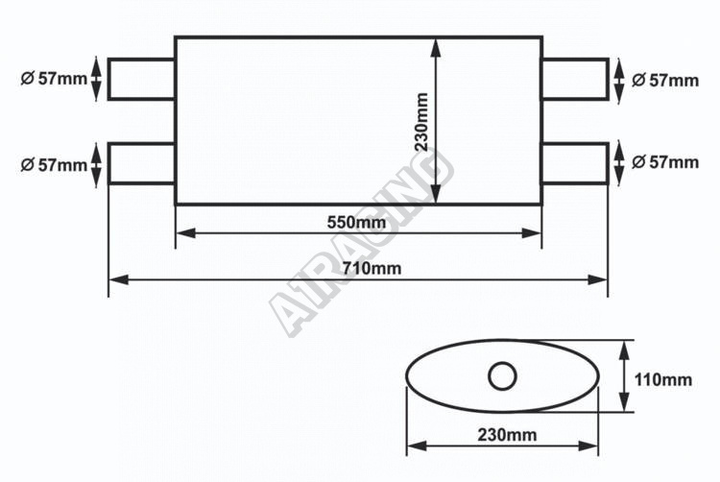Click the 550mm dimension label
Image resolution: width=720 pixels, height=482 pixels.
[356, 223]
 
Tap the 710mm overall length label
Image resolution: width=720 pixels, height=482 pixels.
[372, 268]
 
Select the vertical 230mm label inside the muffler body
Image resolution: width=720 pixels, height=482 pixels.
[421, 122]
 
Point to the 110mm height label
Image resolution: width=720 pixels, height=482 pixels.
[662, 380]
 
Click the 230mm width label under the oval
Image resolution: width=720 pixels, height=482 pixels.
[507, 435]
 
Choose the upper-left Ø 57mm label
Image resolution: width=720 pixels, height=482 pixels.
[54, 79]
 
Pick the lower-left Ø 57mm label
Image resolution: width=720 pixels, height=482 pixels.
[54, 165]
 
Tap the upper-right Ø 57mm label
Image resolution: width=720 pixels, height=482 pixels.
[665, 81]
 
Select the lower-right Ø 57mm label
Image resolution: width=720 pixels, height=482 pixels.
[665, 162]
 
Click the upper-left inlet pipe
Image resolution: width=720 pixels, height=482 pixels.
[141, 79]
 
